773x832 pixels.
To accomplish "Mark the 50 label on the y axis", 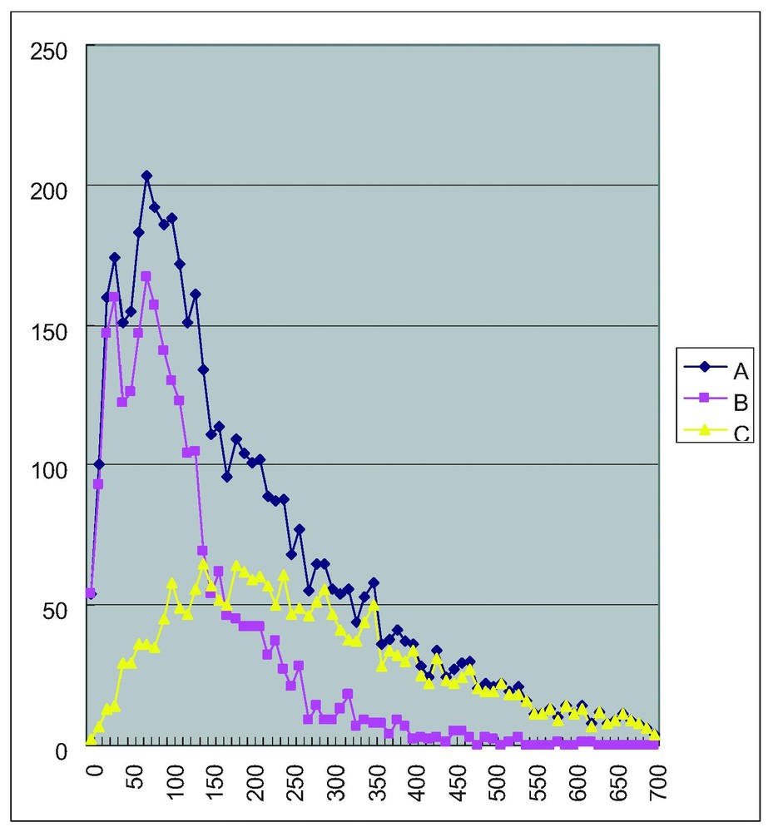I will pos(56,607).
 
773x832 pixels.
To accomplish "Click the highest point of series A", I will pos(146,176).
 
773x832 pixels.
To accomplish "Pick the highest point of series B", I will pos(146,276).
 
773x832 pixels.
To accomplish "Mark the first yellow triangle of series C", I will pos(91,739).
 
